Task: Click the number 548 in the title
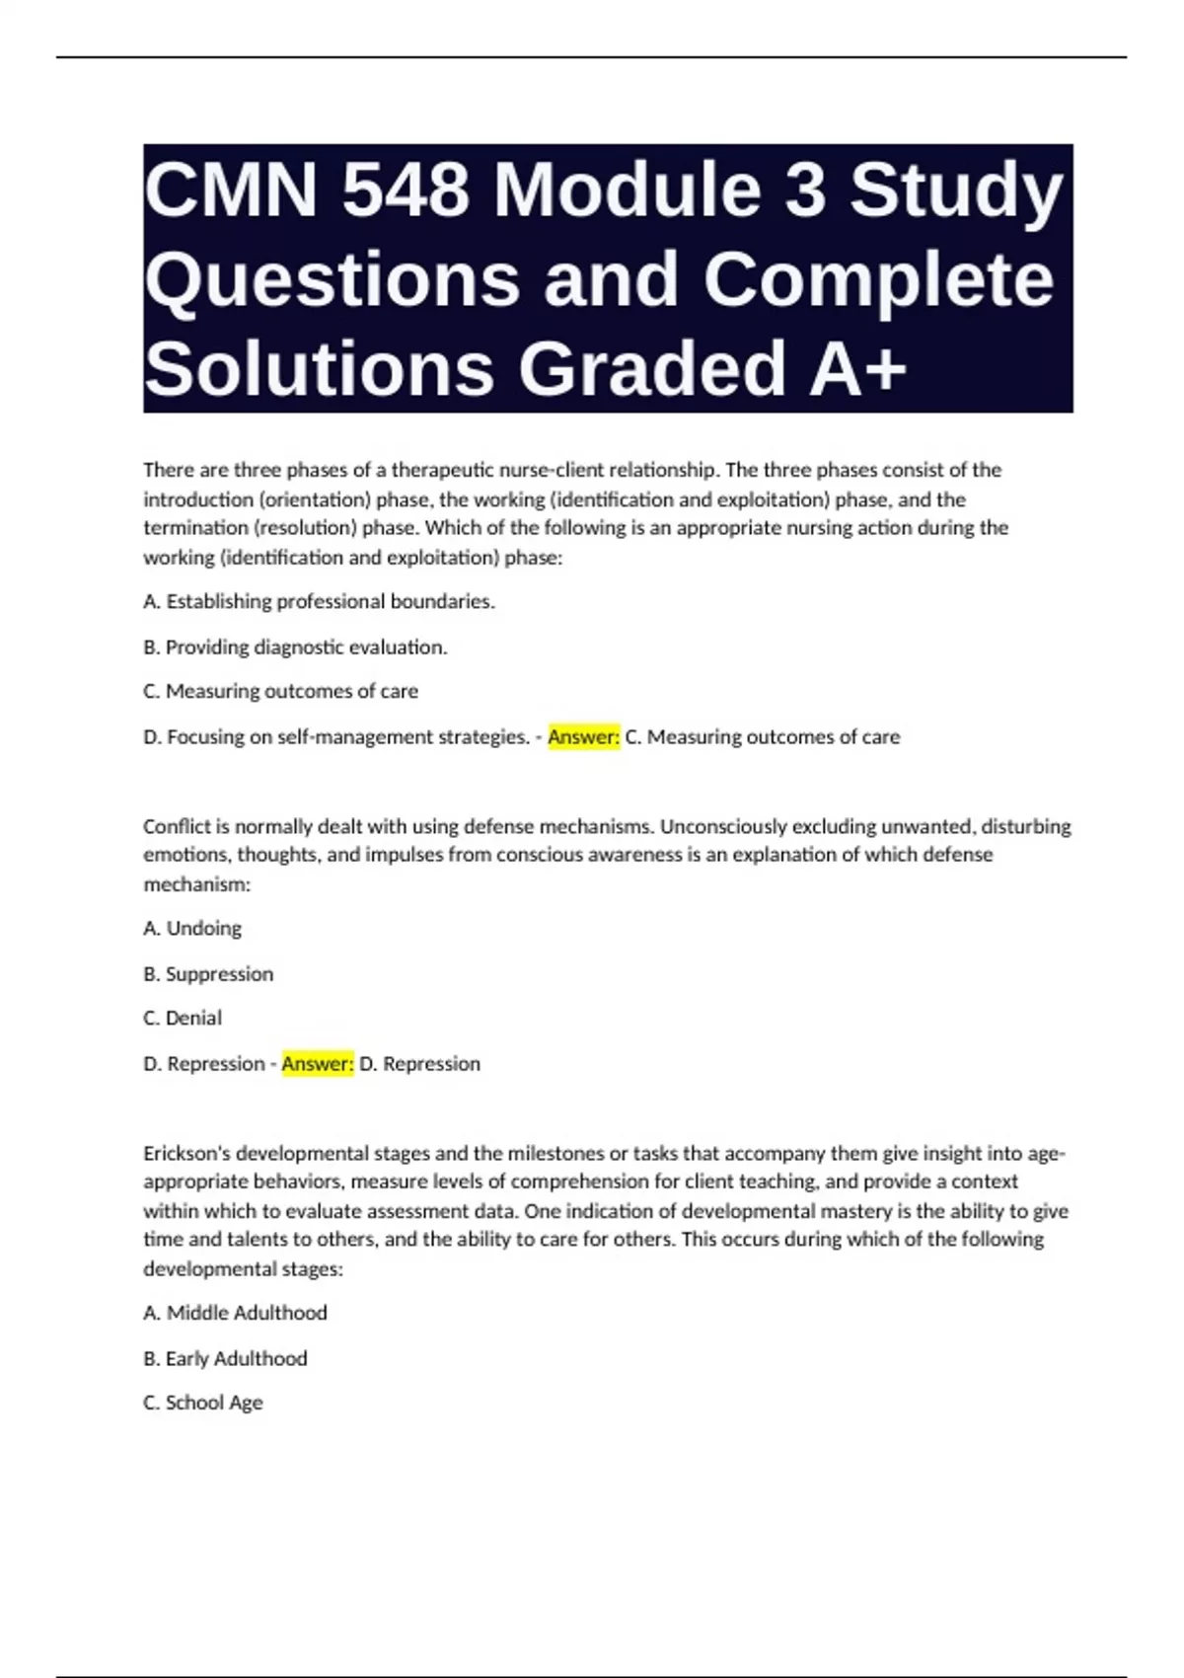click(405, 190)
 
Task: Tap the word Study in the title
click(956, 190)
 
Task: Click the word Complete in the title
click(878, 279)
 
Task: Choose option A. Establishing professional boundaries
click(319, 601)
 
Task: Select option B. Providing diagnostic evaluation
click(295, 648)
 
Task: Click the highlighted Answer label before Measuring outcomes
click(583, 737)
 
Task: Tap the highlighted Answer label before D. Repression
click(317, 1064)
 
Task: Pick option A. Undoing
click(192, 929)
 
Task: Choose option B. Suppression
click(208, 974)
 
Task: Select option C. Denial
click(183, 1018)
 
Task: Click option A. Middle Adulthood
click(235, 1313)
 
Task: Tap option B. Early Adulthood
click(225, 1359)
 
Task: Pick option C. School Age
click(203, 1403)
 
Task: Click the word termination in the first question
click(195, 528)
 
